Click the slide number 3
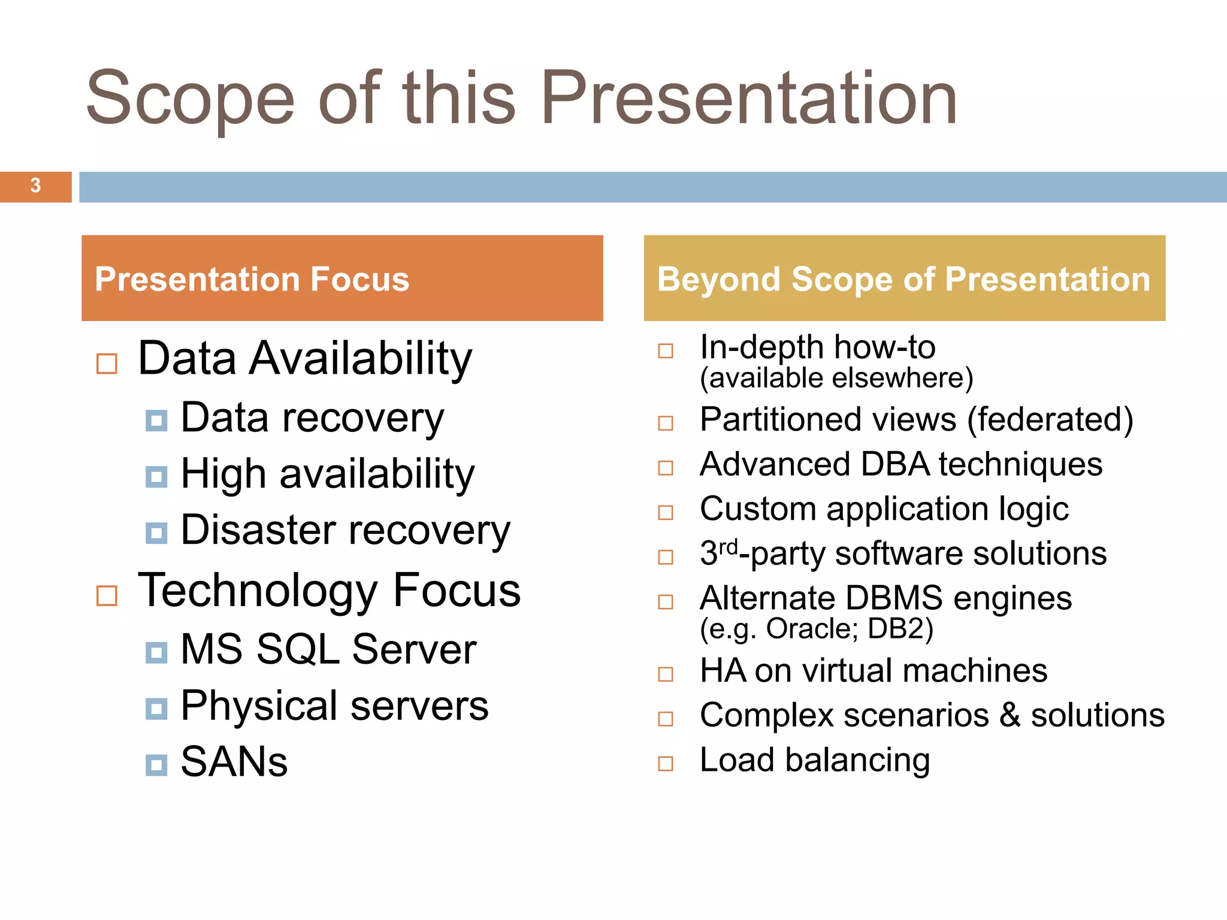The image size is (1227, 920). pos(35,186)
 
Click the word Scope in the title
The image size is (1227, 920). pos(190,98)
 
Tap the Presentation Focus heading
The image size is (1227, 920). pos(252,279)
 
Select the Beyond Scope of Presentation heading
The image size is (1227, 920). pos(903,279)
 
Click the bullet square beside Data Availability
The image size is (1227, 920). pos(107,363)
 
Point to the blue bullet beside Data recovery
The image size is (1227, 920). pos(156,420)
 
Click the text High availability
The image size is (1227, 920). pos(327,474)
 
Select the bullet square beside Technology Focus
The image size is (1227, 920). pos(107,595)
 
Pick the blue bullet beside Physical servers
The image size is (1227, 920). pos(156,709)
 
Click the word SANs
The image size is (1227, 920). pos(234,762)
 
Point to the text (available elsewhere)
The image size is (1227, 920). pos(836,379)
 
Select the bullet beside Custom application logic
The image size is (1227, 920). pos(666,513)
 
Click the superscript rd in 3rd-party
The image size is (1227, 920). pos(728,546)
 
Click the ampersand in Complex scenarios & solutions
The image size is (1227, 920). pos(1010,715)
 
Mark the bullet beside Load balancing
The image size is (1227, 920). pos(666,764)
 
